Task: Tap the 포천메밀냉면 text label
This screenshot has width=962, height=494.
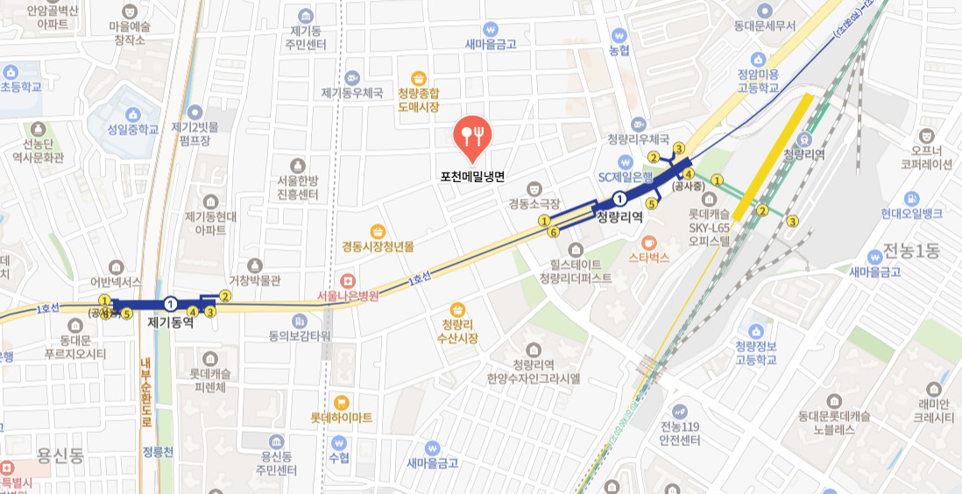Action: (x=472, y=176)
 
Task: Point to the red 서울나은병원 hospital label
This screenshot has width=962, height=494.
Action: (x=349, y=296)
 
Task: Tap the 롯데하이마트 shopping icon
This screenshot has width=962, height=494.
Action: (x=342, y=402)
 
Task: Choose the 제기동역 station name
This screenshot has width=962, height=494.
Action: (x=171, y=321)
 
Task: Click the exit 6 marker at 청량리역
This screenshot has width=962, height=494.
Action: (x=552, y=232)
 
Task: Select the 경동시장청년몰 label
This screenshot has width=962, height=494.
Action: (x=378, y=246)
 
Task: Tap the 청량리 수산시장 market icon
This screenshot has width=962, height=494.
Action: (x=457, y=309)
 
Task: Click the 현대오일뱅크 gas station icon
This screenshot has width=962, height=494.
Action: (x=912, y=198)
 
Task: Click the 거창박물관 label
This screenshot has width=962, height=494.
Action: (x=254, y=280)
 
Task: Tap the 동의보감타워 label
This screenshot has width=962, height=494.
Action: (x=299, y=335)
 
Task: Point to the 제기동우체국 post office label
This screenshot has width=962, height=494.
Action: (x=352, y=93)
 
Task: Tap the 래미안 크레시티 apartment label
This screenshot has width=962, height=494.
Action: (x=933, y=411)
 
